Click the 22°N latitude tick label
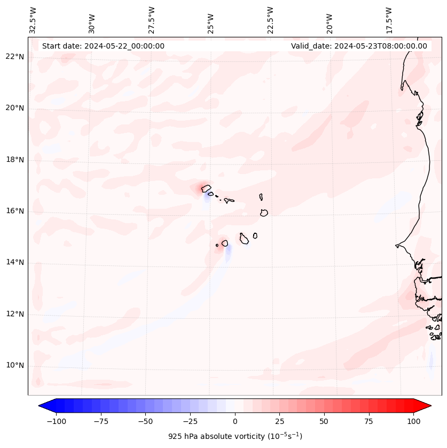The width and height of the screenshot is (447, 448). click(x=14, y=57)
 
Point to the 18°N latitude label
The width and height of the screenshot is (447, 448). click(x=14, y=160)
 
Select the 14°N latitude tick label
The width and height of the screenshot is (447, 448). click(x=14, y=262)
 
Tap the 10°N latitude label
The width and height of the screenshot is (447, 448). click(x=14, y=365)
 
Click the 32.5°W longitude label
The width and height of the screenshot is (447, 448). click(x=34, y=20)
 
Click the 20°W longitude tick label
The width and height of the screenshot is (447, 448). click(x=330, y=20)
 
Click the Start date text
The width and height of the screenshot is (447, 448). click(x=103, y=46)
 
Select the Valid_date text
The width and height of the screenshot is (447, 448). click(x=359, y=46)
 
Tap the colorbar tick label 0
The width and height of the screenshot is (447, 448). click(x=235, y=421)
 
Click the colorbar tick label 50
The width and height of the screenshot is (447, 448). click(x=324, y=421)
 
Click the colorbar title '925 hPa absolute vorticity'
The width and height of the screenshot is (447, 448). click(x=235, y=436)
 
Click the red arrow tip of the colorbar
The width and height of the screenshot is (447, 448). click(x=428, y=406)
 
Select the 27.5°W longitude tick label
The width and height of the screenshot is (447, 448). click(x=152, y=20)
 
